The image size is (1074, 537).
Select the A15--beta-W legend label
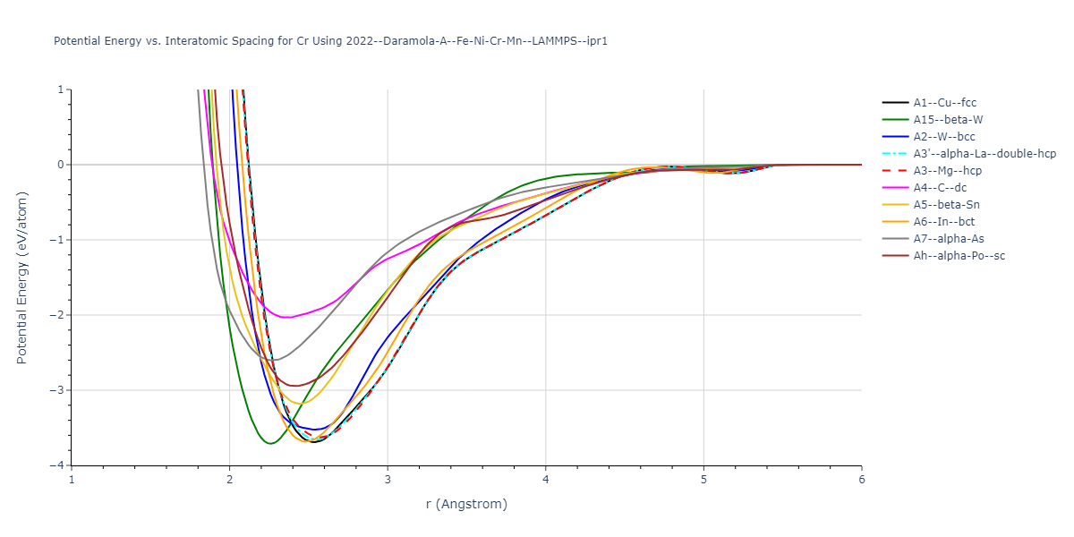click(948, 120)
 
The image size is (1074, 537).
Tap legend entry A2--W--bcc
click(944, 137)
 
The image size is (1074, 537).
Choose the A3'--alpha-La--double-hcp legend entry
click(984, 154)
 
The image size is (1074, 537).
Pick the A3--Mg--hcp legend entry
click(950, 171)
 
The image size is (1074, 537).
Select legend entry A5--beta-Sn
click(947, 205)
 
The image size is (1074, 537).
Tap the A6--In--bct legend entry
click(943, 222)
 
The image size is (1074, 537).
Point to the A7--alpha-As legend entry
click(947, 239)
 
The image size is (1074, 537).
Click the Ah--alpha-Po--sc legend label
click(953, 256)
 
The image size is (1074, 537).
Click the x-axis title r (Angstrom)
click(466, 504)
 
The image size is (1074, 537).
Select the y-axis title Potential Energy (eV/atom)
click(22, 277)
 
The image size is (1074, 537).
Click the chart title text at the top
click(331, 41)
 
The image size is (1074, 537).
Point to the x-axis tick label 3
click(388, 481)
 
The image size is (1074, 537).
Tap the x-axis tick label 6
click(861, 481)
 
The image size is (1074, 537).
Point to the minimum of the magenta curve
click(286, 317)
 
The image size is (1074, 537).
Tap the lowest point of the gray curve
click(274, 360)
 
